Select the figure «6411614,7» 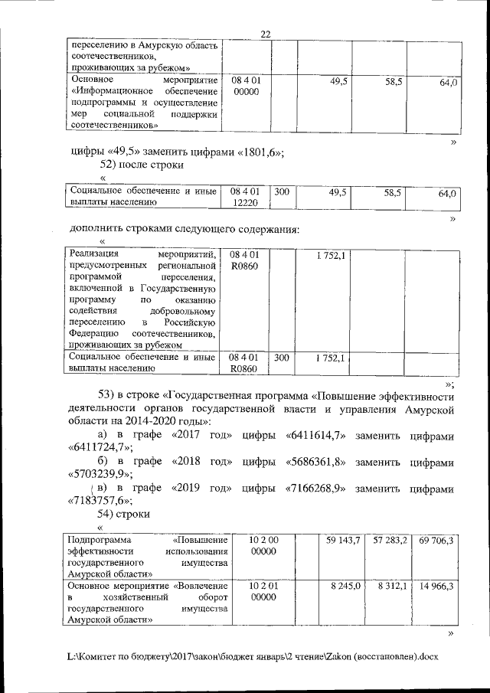[x=316, y=436]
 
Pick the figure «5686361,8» [x=316, y=463]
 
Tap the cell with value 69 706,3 [x=436, y=541]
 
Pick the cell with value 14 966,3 [x=436, y=586]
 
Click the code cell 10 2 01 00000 [x=263, y=591]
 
